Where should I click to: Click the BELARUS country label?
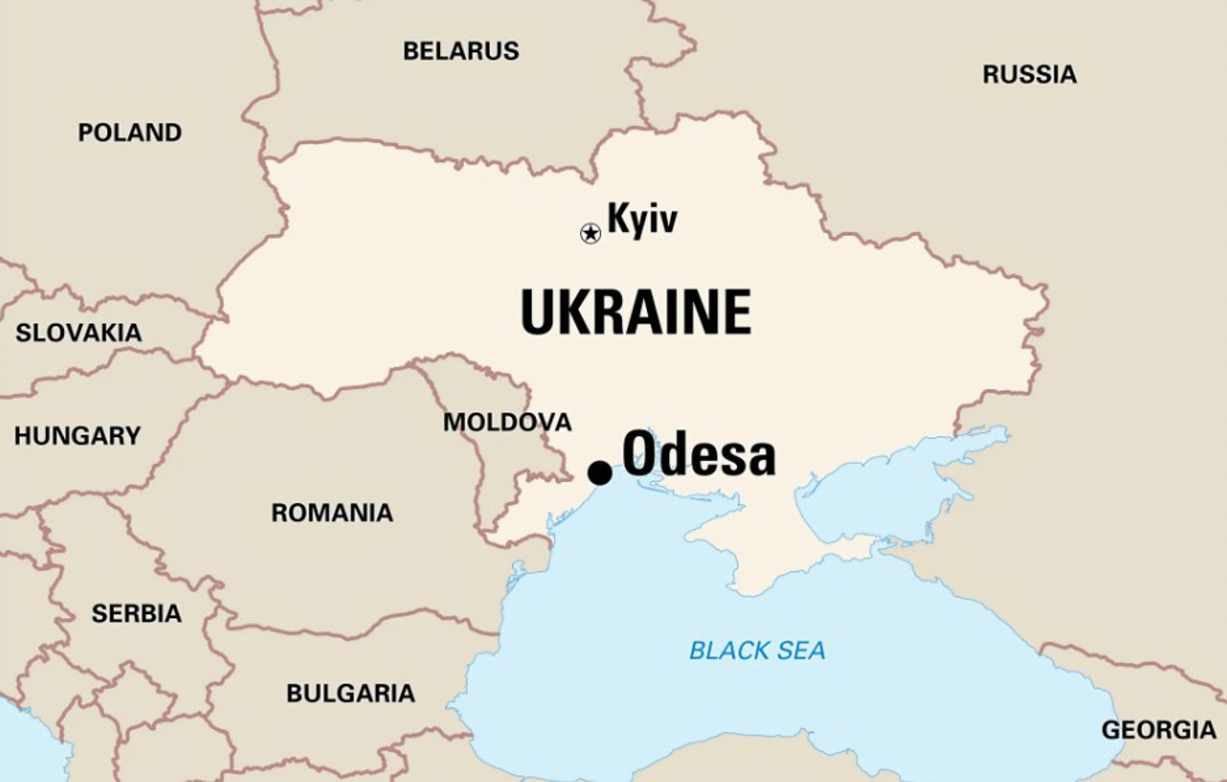461,51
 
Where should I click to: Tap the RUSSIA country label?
1030,74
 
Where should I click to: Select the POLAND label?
129,132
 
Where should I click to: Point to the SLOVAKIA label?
79,333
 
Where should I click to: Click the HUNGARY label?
77,436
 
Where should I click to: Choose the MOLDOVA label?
507,422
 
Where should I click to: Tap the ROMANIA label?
332,513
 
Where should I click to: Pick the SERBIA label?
136,613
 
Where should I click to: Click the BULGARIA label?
351,693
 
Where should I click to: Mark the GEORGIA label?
1158,730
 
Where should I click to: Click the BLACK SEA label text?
757,652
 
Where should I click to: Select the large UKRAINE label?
636,312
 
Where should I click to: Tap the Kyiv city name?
642,219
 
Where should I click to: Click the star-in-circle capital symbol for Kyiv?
590,233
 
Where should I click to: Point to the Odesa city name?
699,453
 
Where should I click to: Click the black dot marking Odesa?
600,472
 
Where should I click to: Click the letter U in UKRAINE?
540,312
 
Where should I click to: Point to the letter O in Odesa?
641,453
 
